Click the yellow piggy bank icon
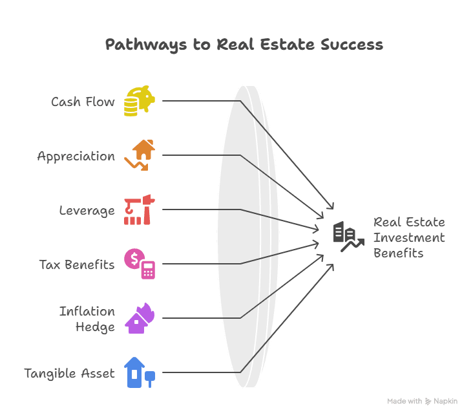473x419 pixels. click(x=140, y=101)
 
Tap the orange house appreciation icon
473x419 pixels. click(x=140, y=155)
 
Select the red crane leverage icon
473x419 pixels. click(x=140, y=209)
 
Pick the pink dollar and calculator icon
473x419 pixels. click(x=140, y=264)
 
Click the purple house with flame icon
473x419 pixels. click(x=140, y=318)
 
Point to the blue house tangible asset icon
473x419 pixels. click(x=140, y=372)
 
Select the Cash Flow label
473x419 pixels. click(x=83, y=102)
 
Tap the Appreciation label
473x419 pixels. click(x=76, y=156)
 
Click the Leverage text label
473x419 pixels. click(x=87, y=210)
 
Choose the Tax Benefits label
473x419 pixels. click(x=76, y=264)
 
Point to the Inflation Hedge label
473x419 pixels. click(x=87, y=319)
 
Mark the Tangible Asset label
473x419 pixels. click(x=69, y=373)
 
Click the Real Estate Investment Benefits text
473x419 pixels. click(x=409, y=237)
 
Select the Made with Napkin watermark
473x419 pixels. click(x=423, y=402)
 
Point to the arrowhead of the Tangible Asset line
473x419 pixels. click(x=331, y=266)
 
